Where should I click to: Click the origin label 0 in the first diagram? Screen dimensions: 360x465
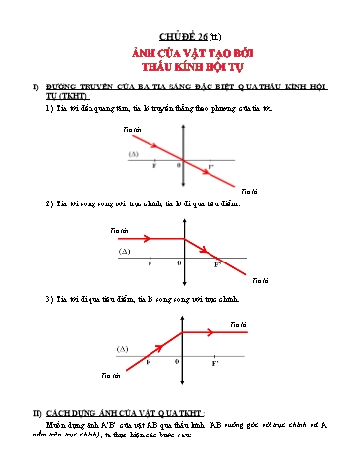tap(178, 165)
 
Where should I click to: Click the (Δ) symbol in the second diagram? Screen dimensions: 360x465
tap(125, 252)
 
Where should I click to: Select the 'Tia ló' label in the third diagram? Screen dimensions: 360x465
tap(238, 323)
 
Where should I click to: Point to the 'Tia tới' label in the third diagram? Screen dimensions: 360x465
tap(110, 375)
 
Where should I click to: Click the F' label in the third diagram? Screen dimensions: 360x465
tap(215, 363)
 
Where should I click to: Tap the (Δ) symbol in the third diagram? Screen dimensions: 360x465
tap(123, 349)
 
